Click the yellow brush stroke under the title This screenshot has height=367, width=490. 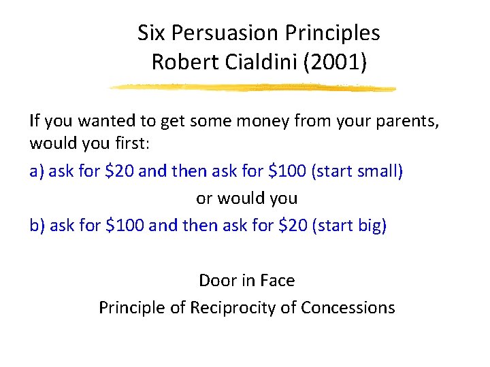pyautogui.click(x=252, y=88)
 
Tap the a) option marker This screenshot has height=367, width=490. pyautogui.click(x=37, y=171)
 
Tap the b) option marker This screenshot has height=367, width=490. pyautogui.click(x=37, y=226)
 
